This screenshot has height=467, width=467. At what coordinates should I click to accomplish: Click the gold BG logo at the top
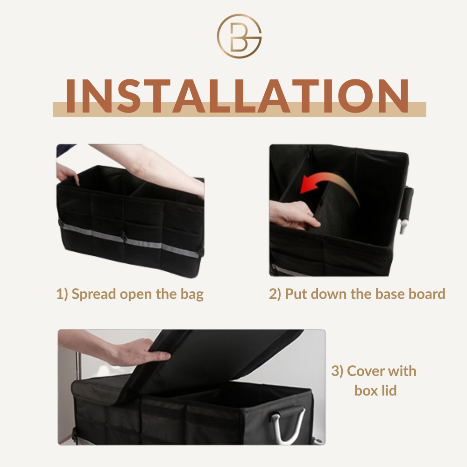pos(239,36)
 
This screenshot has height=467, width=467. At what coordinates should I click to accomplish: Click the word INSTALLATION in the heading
pos(237,96)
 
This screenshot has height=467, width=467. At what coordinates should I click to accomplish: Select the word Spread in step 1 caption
pos(94,295)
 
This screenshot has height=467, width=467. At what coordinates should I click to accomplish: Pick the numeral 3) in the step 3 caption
pos(338,371)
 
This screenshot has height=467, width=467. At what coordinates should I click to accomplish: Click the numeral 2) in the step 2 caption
pos(275,294)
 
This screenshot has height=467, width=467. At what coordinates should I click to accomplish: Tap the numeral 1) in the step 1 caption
pos(62,294)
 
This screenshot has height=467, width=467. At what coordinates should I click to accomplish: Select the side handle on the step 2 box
pos(407,208)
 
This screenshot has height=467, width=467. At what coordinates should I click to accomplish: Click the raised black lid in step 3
pos(208,362)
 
